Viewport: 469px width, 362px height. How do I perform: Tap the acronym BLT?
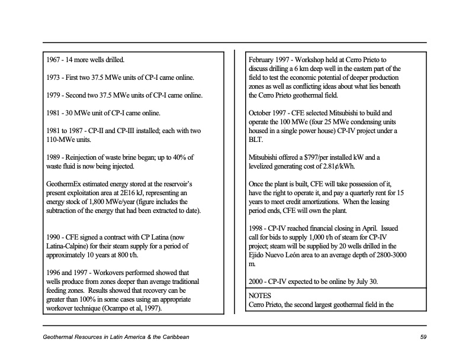click(x=256, y=140)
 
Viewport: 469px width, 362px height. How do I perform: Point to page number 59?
click(x=423, y=337)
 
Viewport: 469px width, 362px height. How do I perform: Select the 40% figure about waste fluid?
click(x=185, y=157)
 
